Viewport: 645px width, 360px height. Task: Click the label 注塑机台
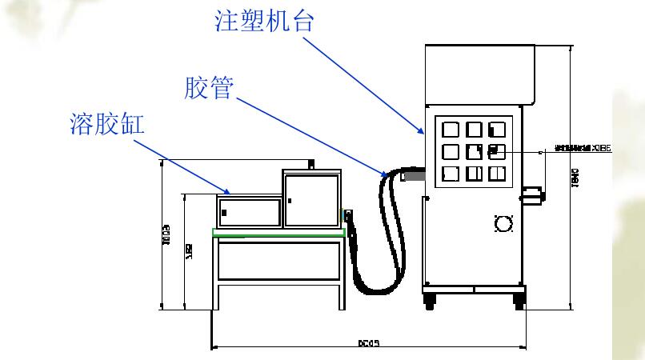click(x=264, y=21)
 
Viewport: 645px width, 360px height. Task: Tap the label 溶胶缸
click(x=110, y=124)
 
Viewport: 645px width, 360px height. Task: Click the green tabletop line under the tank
click(x=278, y=232)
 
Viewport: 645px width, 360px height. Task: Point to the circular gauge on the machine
click(x=503, y=224)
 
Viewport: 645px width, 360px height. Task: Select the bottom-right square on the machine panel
click(x=497, y=174)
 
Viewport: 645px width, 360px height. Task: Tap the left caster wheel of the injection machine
click(x=430, y=303)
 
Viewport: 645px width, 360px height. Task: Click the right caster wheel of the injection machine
click(x=519, y=303)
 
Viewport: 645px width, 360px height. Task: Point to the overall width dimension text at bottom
click(x=368, y=343)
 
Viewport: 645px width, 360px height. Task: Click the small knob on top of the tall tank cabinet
click(x=310, y=164)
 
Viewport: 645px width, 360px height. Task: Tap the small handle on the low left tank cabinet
click(x=224, y=213)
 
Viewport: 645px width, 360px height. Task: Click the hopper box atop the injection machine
click(x=479, y=72)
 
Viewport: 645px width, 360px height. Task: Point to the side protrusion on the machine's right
click(x=532, y=194)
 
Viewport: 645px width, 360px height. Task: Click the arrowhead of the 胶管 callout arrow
click(x=387, y=173)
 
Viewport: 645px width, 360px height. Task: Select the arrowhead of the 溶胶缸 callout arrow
click(x=230, y=192)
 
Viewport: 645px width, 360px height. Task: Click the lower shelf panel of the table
click(x=278, y=261)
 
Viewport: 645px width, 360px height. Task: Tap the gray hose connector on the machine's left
click(x=414, y=174)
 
